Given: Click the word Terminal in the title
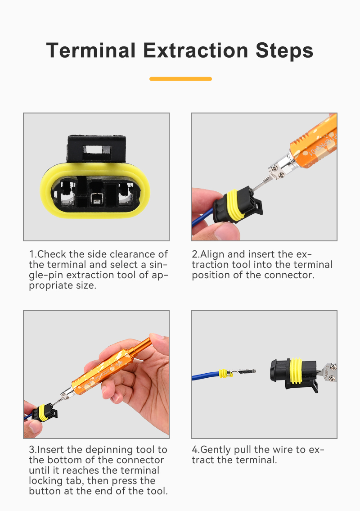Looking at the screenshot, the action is coord(91,50).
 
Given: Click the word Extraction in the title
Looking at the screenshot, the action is coord(195,50).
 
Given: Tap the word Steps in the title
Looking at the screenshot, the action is coord(284,51).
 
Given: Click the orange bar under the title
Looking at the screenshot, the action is coord(180,79).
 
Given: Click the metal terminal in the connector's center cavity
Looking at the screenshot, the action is coord(97,199).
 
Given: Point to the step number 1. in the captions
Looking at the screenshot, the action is coord(33,254).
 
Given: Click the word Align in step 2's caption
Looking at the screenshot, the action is coord(212,254).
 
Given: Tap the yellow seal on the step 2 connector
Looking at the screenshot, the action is coord(236,205).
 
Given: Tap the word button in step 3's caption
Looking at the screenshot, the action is coord(45,491).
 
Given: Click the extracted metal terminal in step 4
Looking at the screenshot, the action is coord(243,371).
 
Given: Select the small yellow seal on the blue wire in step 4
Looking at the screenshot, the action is coord(223,374).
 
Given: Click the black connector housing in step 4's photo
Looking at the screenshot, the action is coord(293,375).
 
